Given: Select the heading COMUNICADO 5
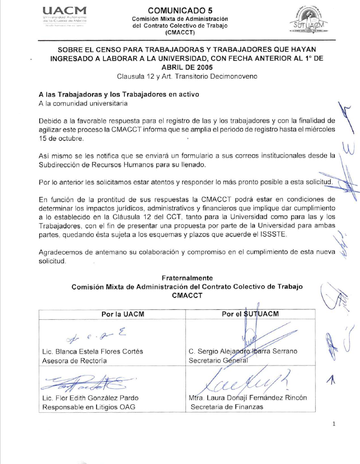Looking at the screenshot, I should (x=180, y=10).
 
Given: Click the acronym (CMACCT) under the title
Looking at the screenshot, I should (x=180, y=33).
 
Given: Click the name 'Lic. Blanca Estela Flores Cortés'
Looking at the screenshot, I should (x=92, y=352).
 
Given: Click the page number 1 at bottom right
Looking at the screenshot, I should (x=334, y=424).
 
